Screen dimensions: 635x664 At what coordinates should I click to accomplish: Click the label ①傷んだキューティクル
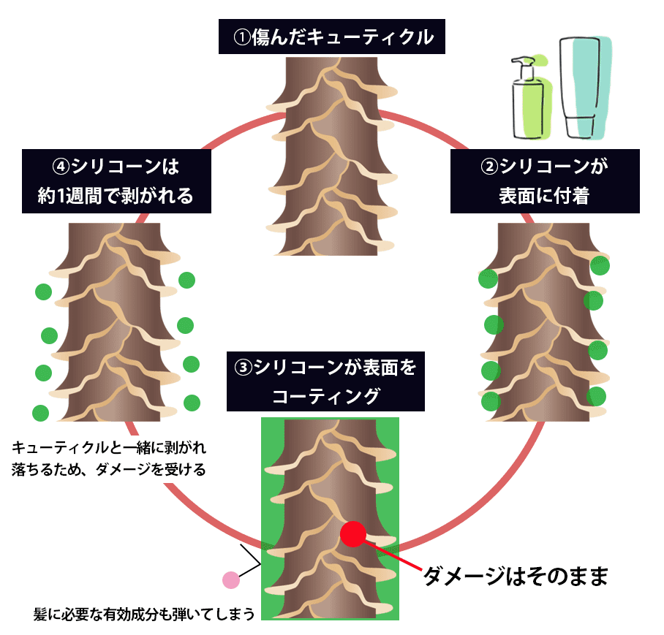point(332,37)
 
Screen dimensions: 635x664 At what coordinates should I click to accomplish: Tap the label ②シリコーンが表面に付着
point(545,181)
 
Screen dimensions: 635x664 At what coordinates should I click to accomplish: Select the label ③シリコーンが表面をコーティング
point(325,381)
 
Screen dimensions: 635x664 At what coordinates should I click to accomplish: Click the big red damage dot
point(352,534)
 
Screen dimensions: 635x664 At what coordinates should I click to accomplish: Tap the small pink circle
point(230,580)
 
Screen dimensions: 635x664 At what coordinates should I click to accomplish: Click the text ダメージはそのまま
point(516,577)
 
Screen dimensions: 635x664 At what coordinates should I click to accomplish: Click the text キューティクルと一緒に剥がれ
point(110,447)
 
